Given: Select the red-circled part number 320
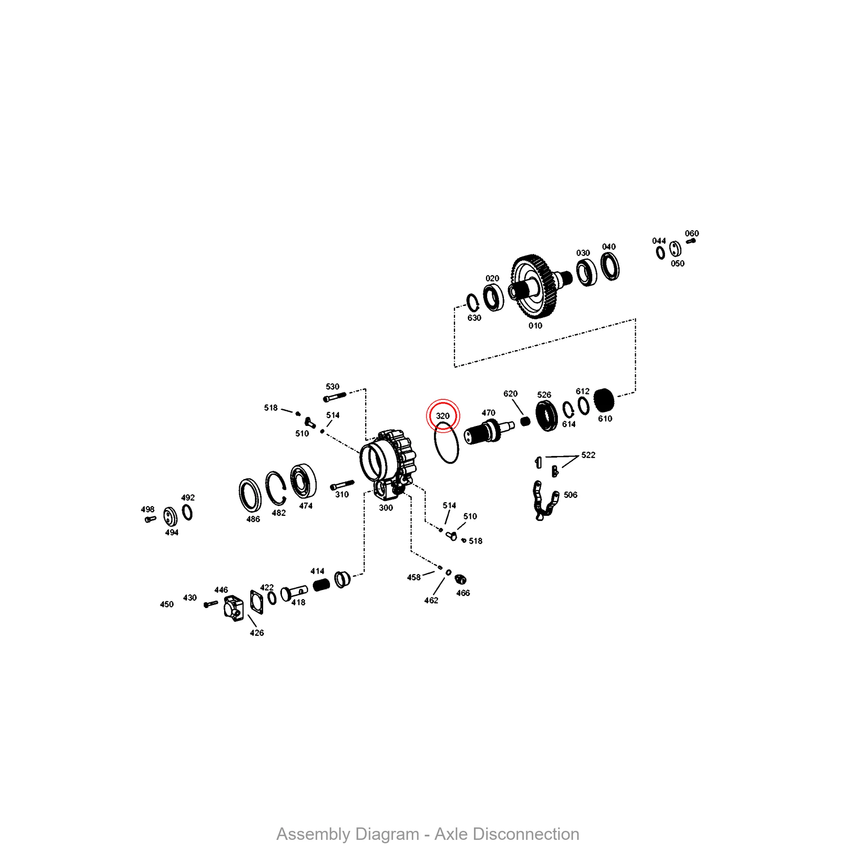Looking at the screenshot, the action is pos(443,416).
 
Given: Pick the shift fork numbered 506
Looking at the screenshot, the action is pos(544,500).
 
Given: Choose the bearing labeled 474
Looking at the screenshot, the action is pos(303,481).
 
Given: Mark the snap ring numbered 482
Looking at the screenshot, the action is pos(276,488).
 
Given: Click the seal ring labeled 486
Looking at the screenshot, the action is pos(250,495).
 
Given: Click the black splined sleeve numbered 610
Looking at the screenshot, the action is pos(604,400).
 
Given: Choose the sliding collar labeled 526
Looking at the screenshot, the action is pos(546,415).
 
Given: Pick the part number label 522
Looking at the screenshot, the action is pos(588,455).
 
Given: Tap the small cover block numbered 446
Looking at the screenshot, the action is pos(234,608).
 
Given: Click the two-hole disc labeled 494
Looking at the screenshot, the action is pos(170,516).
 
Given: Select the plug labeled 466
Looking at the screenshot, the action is pos(461,579).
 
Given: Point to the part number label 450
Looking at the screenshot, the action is pos(167,604).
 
